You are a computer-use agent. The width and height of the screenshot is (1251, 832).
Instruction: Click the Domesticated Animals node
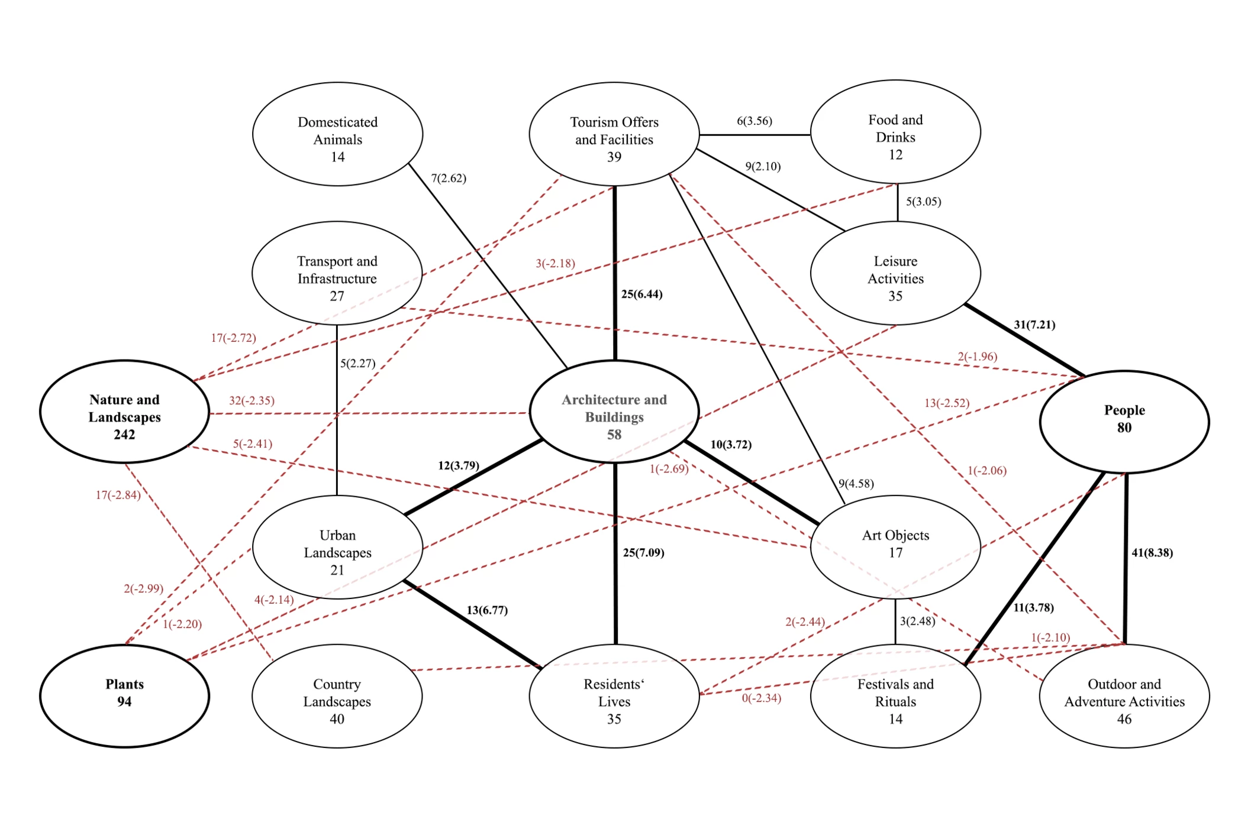337,134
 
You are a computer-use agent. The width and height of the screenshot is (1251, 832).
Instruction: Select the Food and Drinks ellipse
895,132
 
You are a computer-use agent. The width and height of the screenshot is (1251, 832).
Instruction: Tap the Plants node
124,696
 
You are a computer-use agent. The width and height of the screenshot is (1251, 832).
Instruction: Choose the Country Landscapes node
337,696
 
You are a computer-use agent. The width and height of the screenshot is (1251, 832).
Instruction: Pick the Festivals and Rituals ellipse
895,696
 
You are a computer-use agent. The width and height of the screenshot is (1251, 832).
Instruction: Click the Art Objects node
895,547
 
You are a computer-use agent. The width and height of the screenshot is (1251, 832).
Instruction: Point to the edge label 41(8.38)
1152,552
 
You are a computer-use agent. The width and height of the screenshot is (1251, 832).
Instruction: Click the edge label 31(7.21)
1034,325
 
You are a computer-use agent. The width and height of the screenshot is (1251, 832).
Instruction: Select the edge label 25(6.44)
641,294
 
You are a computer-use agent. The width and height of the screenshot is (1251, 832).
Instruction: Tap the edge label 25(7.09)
643,552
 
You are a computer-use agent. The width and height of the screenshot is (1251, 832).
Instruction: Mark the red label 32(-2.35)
252,400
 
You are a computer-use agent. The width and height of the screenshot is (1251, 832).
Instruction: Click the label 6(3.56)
755,121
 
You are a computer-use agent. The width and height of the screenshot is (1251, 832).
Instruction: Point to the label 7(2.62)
449,178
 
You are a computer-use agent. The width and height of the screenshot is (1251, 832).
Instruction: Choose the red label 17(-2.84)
118,495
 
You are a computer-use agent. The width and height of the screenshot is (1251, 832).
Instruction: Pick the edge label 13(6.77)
487,610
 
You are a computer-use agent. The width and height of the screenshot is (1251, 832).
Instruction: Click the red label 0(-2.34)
762,698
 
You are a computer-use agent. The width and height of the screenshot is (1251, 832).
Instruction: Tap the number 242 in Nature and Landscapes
124,435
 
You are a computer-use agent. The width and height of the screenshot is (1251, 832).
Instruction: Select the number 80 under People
1124,428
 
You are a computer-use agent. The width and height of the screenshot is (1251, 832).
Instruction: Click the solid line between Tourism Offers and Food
755,135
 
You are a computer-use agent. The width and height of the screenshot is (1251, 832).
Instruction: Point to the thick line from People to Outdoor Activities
1126,558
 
